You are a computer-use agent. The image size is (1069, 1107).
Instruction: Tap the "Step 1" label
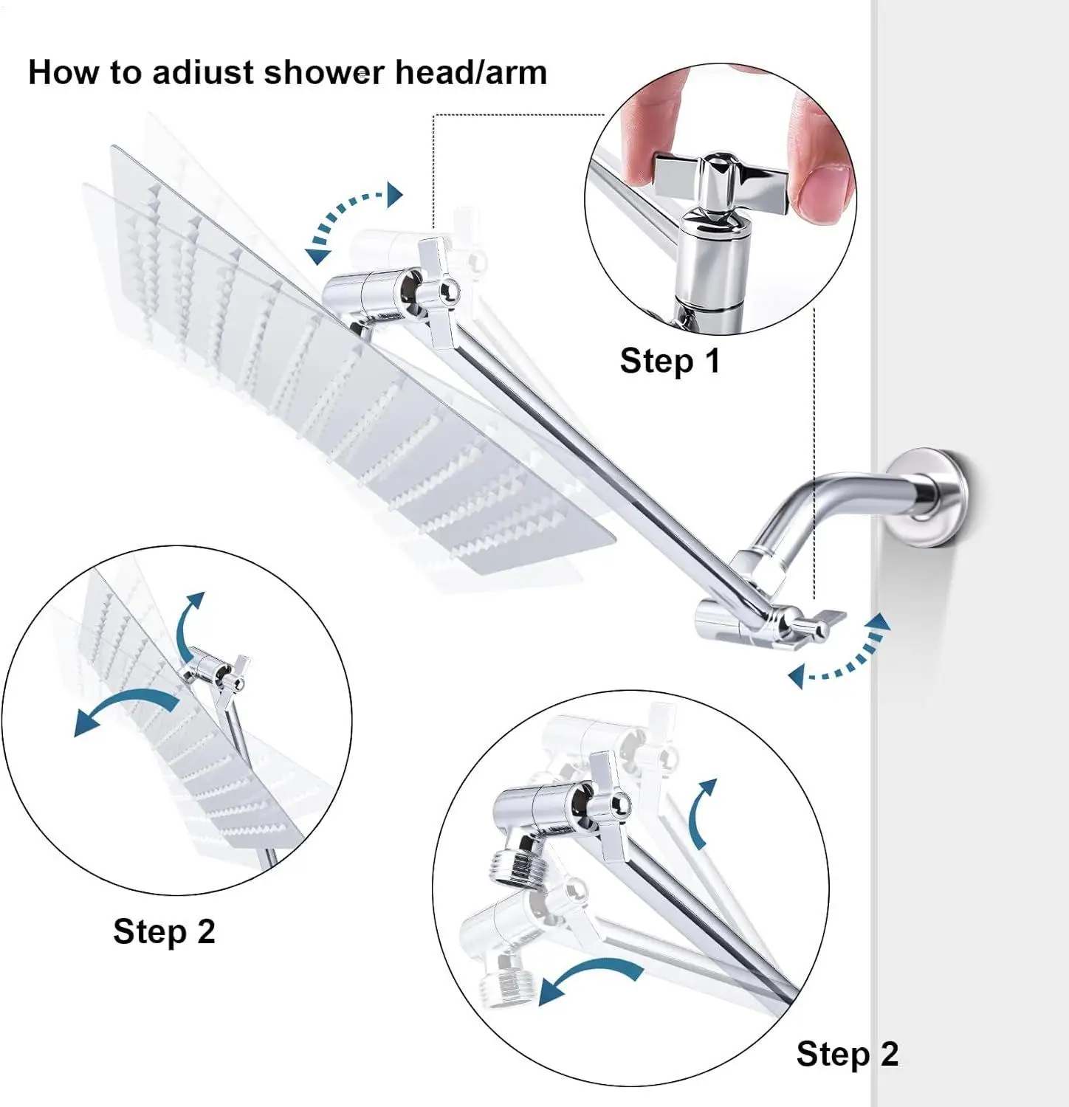point(670,361)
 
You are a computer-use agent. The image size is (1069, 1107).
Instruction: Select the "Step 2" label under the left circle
point(164,931)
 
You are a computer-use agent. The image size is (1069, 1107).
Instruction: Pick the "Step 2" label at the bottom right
point(848,1054)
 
